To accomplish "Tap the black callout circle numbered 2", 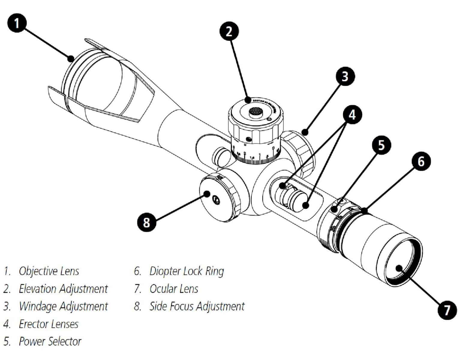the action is point(229,31).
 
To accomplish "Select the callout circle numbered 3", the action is point(345,76).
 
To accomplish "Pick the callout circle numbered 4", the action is point(352,114).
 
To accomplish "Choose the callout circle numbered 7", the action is point(447,310).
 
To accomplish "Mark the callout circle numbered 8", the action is point(146,223).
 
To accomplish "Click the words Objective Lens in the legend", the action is point(49,271).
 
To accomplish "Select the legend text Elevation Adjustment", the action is point(63,289).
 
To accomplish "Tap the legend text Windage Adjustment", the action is point(63,306).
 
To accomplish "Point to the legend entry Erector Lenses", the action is point(49,324).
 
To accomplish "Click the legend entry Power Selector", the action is point(50,341).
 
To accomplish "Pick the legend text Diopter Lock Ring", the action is point(187,271).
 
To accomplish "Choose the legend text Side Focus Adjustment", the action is point(197,306).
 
